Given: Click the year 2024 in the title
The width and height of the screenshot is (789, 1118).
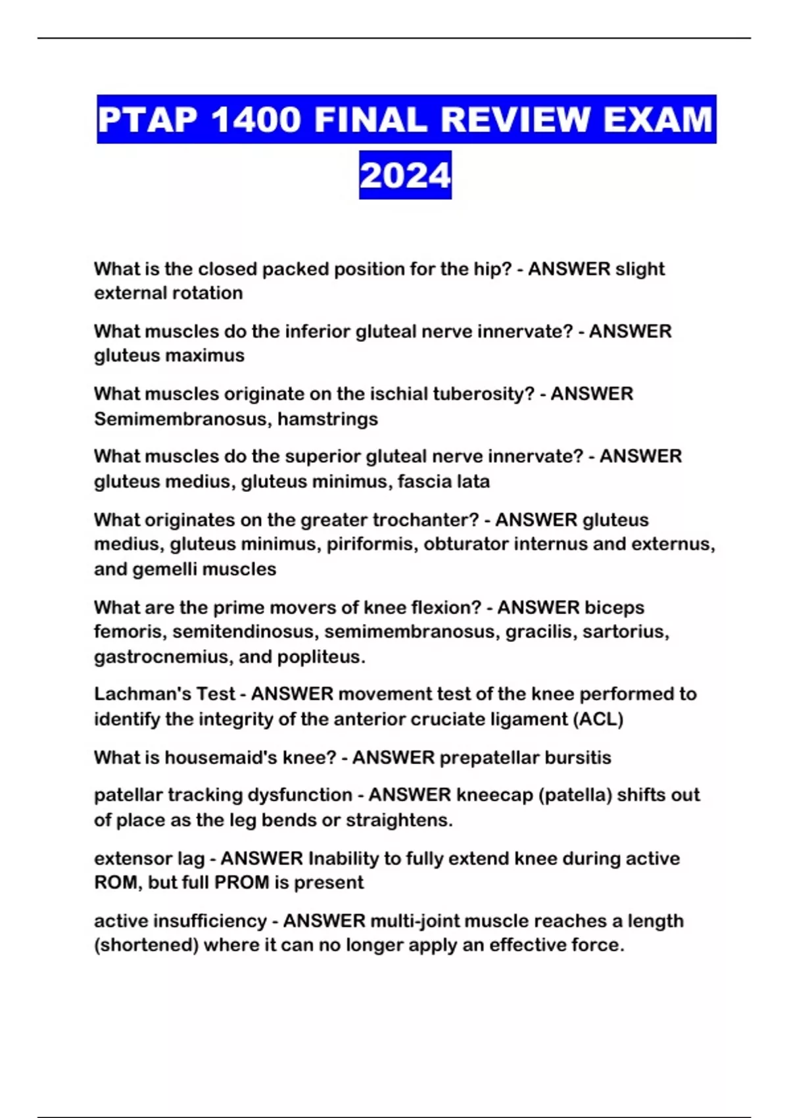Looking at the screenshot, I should (405, 176).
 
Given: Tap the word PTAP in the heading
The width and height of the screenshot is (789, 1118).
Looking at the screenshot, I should (147, 120).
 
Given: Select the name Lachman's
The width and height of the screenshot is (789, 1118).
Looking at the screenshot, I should (131, 694).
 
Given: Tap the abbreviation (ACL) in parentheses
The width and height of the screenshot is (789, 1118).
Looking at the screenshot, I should (598, 719).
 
